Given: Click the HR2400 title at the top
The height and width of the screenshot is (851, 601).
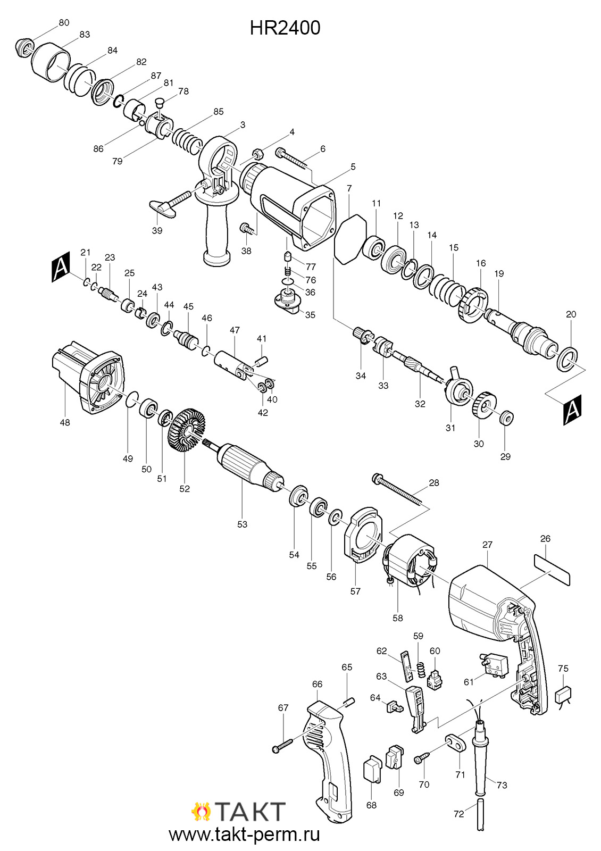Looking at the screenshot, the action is click(285, 28).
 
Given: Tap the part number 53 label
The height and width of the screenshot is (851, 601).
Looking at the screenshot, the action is click(242, 524).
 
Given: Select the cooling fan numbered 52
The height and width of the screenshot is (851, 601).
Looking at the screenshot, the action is click(186, 430).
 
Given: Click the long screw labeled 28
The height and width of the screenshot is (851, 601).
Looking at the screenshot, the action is click(397, 490).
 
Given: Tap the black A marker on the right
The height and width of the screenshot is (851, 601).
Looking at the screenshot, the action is click(572, 410).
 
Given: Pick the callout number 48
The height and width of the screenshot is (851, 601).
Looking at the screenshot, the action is click(65, 422).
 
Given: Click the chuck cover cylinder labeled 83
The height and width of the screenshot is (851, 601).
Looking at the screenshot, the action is click(51, 62).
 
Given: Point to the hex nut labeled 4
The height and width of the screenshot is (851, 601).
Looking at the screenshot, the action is click(257, 154).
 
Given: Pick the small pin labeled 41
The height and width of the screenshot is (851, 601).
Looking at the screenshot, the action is click(263, 360).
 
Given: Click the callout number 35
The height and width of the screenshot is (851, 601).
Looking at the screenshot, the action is click(310, 314).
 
